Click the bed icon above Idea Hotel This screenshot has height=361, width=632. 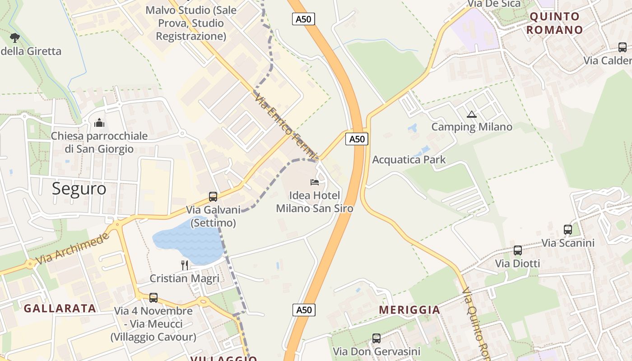pos(315,182)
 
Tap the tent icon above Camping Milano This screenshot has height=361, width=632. pos(472,114)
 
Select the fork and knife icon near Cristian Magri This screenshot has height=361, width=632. pos(185,265)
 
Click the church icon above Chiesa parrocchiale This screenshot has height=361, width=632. pos(99,123)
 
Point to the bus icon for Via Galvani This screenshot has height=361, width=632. pos(213,197)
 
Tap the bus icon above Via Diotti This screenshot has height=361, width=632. pos(518,250)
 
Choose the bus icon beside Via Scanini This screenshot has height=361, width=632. pos(568,230)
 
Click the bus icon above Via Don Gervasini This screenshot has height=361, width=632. pos(376,338)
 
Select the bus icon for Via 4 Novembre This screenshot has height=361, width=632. pos(153,298)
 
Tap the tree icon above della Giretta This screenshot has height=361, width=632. pos(15,37)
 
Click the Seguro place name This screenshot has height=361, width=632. pos(79,189)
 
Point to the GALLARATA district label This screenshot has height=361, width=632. pos(60,309)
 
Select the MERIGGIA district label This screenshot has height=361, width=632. pos(409,310)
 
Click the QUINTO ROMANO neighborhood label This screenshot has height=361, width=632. pos(555,23)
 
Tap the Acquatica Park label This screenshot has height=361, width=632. pos(409,160)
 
